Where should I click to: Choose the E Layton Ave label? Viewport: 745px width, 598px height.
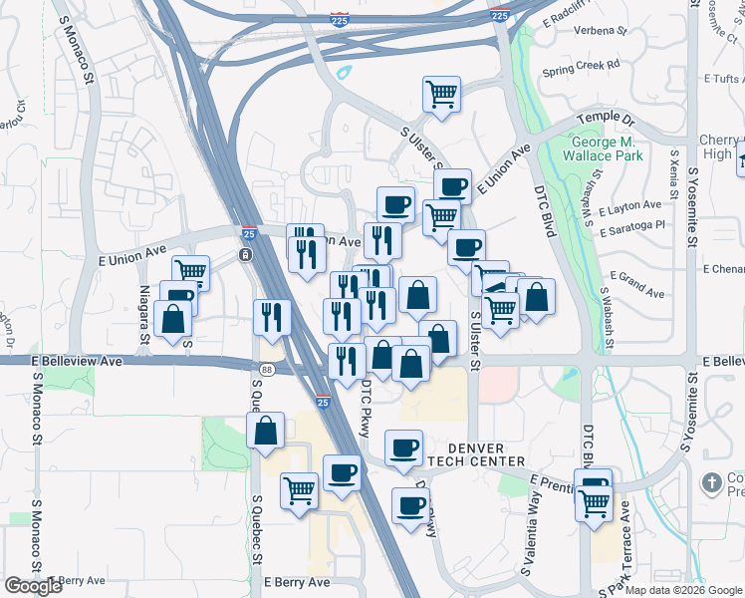637,206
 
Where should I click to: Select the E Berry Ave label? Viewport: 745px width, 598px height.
296,582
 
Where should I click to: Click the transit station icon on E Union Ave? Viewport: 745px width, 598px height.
245,255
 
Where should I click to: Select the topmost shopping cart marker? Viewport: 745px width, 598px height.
441,95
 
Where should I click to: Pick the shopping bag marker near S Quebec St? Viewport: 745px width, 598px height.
266,432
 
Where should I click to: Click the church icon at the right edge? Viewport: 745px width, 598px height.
711,483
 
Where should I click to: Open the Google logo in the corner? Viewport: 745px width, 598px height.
33,586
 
